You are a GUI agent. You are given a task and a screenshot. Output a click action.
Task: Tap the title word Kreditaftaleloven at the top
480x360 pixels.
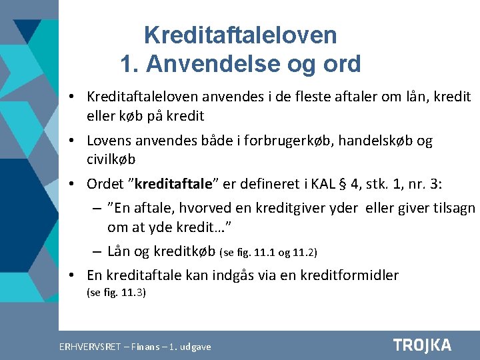point(240,35)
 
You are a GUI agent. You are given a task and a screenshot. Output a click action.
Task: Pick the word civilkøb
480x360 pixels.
point(111,159)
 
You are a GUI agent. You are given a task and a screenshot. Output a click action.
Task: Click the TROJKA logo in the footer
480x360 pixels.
point(422,345)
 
